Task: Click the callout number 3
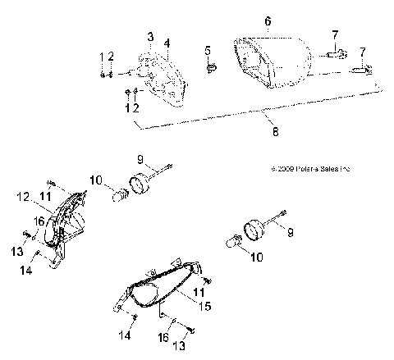point(151,37)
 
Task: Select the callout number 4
point(167,42)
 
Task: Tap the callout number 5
point(208,50)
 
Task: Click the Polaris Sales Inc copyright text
point(310,169)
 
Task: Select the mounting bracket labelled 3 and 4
point(164,78)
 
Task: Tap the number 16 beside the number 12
point(39,221)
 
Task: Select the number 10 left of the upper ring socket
point(95,179)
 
